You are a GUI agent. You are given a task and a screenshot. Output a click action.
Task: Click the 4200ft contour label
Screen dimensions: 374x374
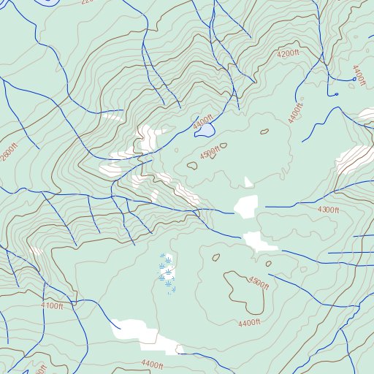coord(289,53)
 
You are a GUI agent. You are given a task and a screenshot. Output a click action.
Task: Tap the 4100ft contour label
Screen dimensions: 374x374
coord(52,306)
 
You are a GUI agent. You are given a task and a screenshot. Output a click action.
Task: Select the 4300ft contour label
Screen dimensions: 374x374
coord(328,210)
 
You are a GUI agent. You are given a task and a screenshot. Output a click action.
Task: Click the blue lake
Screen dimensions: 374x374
coord(205,131)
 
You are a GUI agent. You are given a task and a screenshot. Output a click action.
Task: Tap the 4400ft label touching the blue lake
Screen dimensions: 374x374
coord(203,122)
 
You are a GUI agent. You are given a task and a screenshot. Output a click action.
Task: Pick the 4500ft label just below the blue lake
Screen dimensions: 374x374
coord(210,153)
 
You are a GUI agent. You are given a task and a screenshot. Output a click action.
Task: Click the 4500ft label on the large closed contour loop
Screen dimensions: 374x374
coord(259,281)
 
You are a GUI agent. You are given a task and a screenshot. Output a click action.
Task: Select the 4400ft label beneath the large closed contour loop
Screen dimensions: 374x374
coord(249,323)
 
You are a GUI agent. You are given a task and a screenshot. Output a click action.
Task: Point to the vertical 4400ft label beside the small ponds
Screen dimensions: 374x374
coord(358,76)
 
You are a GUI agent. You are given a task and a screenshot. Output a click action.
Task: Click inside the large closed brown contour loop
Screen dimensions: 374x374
coord(238,289)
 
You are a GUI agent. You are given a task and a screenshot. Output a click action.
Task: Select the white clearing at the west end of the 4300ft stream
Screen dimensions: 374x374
coord(246,205)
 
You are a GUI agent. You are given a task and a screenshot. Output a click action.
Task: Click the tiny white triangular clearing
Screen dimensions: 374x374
coord(248,182)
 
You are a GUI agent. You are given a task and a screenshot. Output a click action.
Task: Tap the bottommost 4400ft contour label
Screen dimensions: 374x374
coord(153,364)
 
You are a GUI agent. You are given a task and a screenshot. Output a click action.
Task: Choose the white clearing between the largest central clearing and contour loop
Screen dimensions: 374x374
coord(259,242)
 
